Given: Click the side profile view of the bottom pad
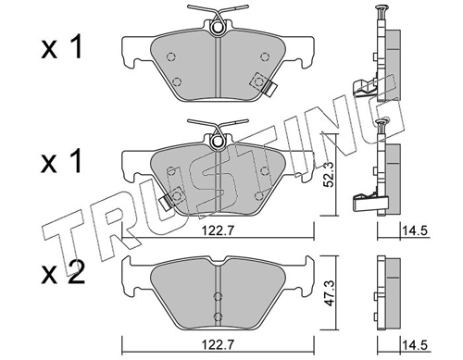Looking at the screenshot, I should point(388,289).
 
